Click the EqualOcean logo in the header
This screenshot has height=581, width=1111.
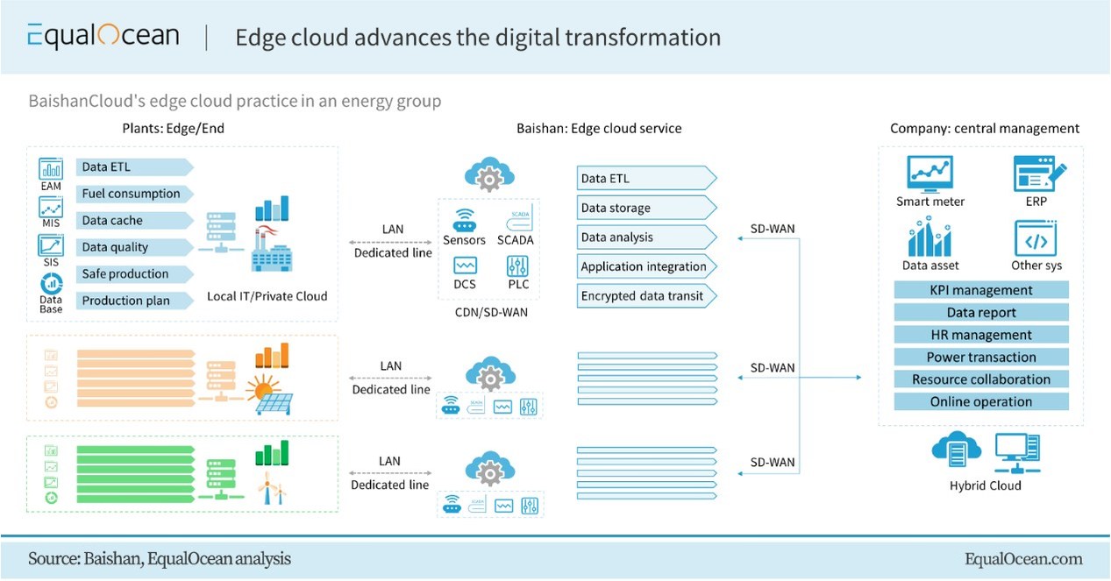tap(103, 37)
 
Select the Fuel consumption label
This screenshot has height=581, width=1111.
tap(132, 194)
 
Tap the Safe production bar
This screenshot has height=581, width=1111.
tap(125, 273)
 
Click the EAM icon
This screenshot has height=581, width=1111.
tap(51, 169)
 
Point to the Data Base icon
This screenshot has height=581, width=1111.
tap(51, 284)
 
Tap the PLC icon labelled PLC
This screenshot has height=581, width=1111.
tap(516, 266)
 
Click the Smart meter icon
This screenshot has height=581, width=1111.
tap(929, 174)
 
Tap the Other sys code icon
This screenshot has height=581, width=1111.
tap(1036, 237)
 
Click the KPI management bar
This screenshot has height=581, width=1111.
tap(981, 290)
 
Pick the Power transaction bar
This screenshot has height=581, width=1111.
tap(981, 358)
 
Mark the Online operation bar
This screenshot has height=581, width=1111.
tap(981, 402)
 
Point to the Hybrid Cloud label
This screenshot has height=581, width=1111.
tap(985, 485)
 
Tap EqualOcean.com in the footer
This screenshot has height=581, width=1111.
tap(1022, 559)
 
